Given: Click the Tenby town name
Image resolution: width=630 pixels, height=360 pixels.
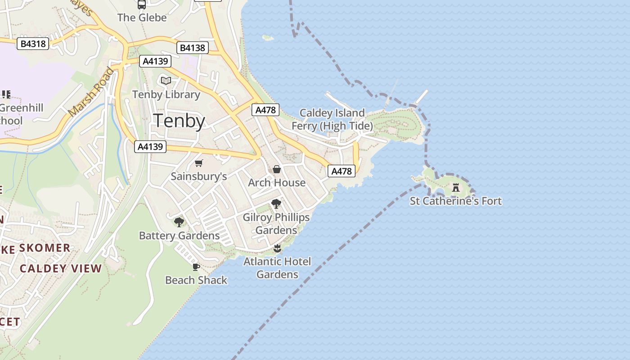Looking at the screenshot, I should [180, 121].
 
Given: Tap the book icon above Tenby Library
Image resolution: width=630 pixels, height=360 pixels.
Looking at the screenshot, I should [166, 81].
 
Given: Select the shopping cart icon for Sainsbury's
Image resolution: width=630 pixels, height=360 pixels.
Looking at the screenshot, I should [199, 163].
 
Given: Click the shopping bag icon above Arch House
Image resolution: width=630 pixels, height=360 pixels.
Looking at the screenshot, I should [277, 169].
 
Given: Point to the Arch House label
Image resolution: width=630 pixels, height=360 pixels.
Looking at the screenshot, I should [277, 183].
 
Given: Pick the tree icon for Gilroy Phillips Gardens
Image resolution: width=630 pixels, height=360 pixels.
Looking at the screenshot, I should [276, 204].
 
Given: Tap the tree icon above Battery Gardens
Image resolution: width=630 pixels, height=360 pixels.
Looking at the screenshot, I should [179, 222].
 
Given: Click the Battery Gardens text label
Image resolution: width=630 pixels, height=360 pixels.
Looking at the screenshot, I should [179, 235].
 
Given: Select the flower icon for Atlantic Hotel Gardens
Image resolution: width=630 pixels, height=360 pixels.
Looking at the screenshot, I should [277, 248].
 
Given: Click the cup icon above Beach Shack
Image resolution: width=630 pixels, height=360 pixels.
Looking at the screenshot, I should [196, 267].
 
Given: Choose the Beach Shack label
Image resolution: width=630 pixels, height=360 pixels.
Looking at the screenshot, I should [196, 280].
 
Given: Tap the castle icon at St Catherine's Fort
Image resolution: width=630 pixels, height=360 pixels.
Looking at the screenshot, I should [456, 187].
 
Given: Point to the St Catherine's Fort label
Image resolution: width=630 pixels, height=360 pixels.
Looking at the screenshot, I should [455, 201].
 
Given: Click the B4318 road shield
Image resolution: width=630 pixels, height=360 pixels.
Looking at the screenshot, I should [33, 44].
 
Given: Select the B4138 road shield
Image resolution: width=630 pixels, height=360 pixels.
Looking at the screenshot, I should [193, 48].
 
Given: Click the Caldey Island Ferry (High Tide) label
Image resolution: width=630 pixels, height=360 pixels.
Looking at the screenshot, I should [332, 119].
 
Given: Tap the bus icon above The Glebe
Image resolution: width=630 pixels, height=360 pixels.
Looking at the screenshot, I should [142, 5].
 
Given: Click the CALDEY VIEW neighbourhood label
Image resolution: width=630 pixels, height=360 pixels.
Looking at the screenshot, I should [61, 269].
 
